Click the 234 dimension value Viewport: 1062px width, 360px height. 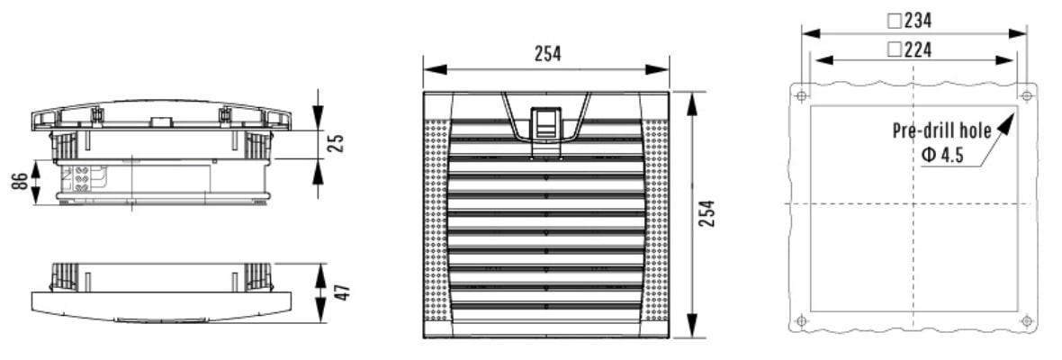point(918,21)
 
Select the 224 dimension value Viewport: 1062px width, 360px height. point(918,49)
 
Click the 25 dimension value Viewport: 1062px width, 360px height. point(337,143)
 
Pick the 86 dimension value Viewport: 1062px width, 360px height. point(20,182)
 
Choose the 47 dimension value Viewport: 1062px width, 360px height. point(344,292)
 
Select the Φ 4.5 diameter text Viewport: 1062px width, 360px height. point(942,157)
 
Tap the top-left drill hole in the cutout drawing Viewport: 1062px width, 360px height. point(802,96)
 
